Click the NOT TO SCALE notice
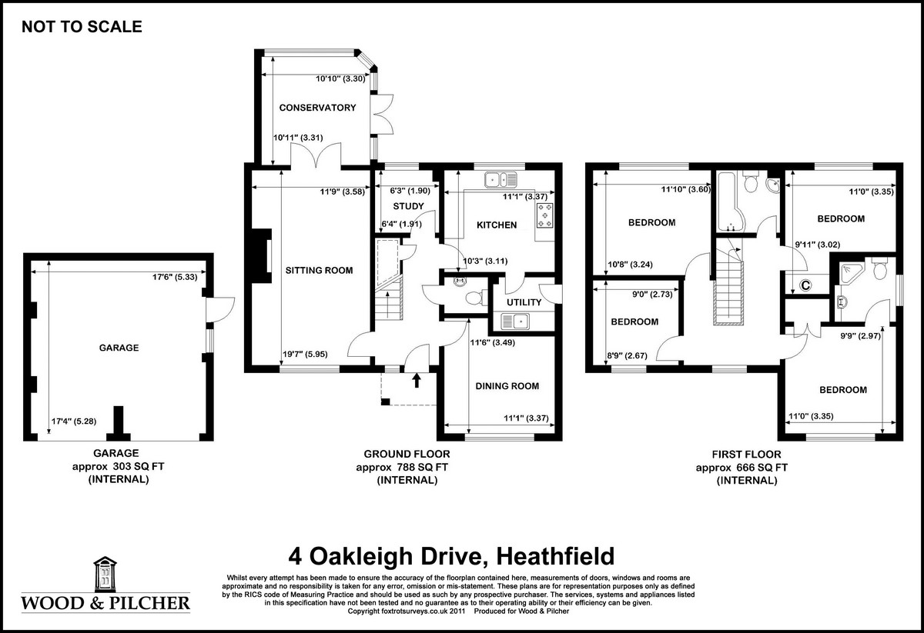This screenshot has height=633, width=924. tap(82, 27)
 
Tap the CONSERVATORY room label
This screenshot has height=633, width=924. tap(317, 108)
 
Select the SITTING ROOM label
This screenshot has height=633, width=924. tap(319, 270)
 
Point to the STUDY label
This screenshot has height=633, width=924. tap(408, 206)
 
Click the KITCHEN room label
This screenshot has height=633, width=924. tap(496, 225)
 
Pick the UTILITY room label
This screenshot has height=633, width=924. tap(524, 302)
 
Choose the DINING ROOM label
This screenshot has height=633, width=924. tap(507, 386)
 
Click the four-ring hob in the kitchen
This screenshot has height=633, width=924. tap(546, 215)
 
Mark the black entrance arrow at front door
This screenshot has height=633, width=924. tap(417, 379)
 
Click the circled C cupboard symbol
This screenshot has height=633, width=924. tap(806, 285)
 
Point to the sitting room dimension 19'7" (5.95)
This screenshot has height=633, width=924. tap(307, 355)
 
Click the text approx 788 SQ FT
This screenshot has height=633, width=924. tap(407, 467)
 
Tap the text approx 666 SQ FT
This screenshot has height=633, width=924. tap(742, 467)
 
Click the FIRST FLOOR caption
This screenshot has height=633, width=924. tap(742, 454)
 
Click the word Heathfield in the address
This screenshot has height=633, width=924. tap(554, 555)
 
